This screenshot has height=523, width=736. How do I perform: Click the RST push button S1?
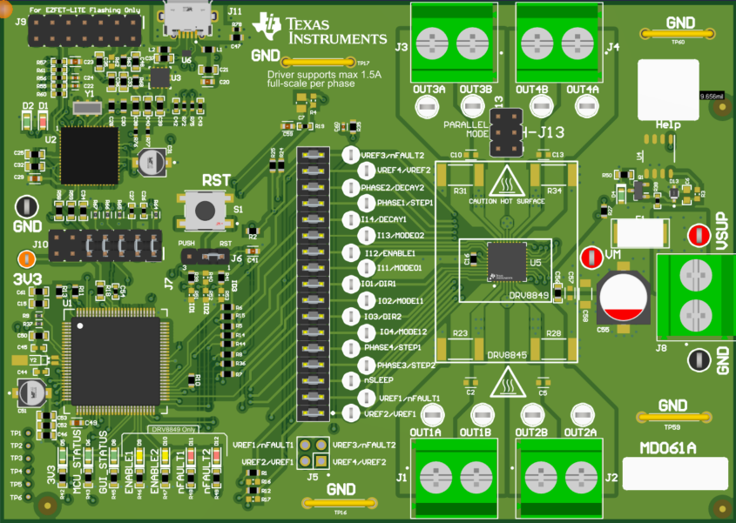click(x=205, y=211)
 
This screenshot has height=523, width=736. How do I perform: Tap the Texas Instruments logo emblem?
click(x=266, y=27)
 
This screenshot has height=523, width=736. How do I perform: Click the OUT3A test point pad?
click(x=426, y=105)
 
